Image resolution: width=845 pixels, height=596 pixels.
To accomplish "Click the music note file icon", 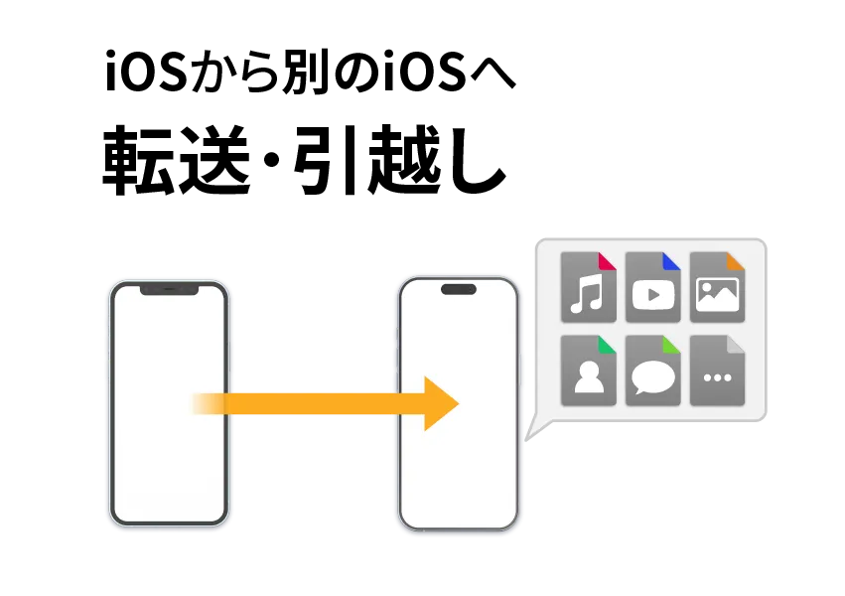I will pos(588,288).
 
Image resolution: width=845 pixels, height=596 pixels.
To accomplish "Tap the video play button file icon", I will pos(652,288).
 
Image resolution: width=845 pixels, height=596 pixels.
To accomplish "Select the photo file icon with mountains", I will pos(717,288).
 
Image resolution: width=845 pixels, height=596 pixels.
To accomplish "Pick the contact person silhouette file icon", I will pos(588,371).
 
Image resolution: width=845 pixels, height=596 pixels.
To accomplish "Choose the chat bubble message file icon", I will pos(652,371).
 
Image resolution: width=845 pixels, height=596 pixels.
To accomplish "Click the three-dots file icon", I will pos(717,371).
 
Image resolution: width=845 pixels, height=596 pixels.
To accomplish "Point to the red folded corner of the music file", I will pos(608,261).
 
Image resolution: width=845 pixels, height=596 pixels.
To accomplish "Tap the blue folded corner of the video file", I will pos(672,261).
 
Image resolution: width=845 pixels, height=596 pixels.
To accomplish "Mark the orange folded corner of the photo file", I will pos(736,261).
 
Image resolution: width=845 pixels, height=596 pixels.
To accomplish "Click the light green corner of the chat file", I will pos(672,345).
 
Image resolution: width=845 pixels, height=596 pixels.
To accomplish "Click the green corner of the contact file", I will pos(608,345).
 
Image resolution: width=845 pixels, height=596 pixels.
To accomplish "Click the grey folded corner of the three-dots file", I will pos(736,345).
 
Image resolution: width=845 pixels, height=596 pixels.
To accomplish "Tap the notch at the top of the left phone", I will pos(168,289).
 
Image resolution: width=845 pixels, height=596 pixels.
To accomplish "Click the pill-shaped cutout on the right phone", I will pos(458,290).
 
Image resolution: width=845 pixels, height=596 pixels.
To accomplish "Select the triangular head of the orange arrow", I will pos(440,403).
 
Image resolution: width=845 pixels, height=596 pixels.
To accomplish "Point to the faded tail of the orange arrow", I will pos(204,403).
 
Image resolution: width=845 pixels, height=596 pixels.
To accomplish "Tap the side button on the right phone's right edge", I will pos(523,358).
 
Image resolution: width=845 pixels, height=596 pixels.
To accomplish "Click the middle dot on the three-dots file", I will pos(717,378).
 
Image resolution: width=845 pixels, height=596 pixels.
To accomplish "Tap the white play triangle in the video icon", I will pos(653,295).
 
